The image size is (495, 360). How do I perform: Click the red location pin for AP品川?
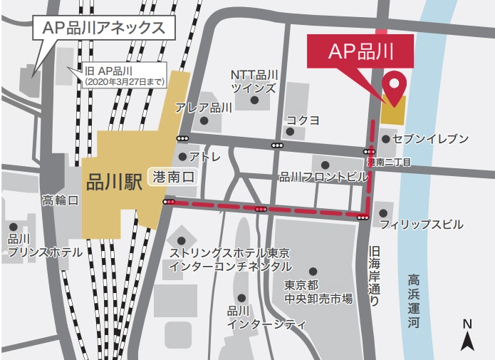point(392,85)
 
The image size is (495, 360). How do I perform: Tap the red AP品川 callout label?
point(360,51)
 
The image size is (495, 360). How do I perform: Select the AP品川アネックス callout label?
point(103,29)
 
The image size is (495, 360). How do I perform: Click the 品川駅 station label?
point(114,181)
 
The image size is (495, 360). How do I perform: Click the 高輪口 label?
point(61,200)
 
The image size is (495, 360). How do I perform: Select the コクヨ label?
point(303,119)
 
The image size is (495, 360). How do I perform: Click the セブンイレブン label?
point(434,138)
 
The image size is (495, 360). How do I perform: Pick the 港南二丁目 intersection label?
point(389,163)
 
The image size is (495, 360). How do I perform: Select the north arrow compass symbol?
point(467,335)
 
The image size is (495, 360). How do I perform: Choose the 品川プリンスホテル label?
point(36,245)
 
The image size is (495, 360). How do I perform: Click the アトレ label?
point(206,157)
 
